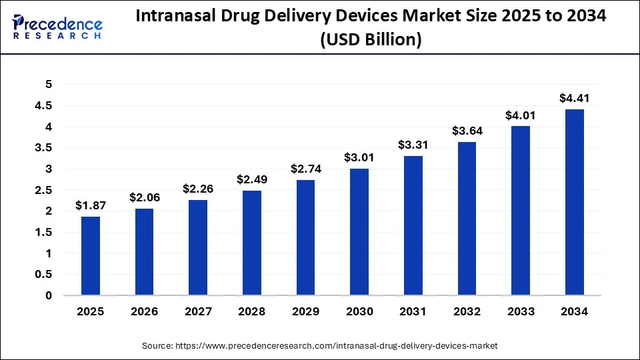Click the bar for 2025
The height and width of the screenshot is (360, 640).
(x=91, y=255)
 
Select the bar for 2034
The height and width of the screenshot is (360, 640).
(x=575, y=202)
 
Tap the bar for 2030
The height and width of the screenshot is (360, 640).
(x=359, y=231)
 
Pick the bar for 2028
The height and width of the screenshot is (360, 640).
(x=252, y=243)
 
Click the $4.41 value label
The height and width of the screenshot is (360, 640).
(x=575, y=99)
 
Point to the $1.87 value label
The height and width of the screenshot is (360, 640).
(x=91, y=206)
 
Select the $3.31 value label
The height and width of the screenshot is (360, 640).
(x=413, y=145)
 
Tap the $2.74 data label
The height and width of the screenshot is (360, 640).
(x=306, y=169)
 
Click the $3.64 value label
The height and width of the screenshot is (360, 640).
(x=467, y=131)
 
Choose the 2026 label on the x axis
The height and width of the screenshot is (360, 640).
(x=145, y=311)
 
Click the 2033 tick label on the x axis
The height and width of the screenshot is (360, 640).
(x=521, y=311)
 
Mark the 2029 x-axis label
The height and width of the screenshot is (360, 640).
(x=306, y=311)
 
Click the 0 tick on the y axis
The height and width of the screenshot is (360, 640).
(x=48, y=295)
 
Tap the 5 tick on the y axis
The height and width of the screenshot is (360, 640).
(x=48, y=84)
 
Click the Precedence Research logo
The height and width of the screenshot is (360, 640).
(x=57, y=27)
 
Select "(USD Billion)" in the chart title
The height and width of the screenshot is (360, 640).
(x=371, y=40)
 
